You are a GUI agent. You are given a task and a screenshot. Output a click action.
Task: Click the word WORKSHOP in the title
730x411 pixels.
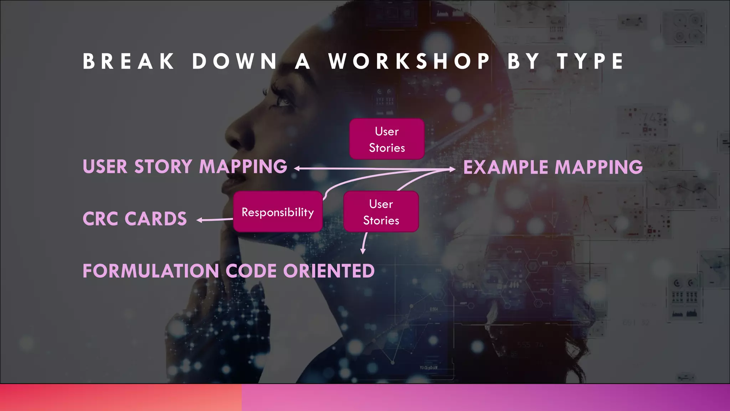click(x=409, y=61)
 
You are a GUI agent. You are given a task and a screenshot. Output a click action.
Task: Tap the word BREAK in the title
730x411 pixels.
click(x=129, y=61)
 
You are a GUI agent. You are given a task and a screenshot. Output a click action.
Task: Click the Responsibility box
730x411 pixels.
click(x=278, y=212)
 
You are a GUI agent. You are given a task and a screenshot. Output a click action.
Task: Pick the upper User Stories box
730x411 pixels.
click(x=387, y=139)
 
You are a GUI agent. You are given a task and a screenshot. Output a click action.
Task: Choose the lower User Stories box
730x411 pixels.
click(x=381, y=212)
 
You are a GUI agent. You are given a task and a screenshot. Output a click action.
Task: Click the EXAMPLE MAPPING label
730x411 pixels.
click(x=553, y=167)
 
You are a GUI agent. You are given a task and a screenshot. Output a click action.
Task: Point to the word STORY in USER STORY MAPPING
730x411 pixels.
click(x=163, y=167)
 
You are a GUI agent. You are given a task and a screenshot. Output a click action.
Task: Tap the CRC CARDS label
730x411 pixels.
click(x=135, y=219)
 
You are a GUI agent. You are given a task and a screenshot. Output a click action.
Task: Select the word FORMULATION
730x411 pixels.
click(x=151, y=271)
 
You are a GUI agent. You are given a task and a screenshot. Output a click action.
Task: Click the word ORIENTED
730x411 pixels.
click(x=329, y=271)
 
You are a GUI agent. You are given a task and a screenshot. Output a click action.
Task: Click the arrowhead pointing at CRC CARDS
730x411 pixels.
click(x=200, y=220)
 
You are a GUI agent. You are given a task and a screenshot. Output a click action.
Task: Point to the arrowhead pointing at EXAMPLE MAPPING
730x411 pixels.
click(x=453, y=169)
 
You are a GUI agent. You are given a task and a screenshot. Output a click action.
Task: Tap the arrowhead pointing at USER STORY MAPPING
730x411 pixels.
click(x=297, y=168)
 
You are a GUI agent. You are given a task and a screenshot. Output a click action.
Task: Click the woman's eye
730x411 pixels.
click(x=283, y=102)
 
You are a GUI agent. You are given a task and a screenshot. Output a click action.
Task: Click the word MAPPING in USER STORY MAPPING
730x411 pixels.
click(x=243, y=167)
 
